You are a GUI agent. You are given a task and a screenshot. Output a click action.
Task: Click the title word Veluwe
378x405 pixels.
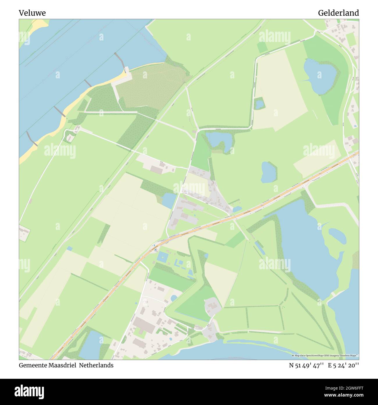[x=32, y=13]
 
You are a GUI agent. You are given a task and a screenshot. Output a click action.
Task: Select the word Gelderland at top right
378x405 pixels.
[x=338, y=13]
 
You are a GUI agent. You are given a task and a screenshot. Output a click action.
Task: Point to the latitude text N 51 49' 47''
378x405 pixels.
[x=306, y=365]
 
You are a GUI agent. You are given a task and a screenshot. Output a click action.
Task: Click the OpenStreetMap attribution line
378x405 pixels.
[x=325, y=355]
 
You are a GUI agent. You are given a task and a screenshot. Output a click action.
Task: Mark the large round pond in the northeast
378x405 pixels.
[x=320, y=76]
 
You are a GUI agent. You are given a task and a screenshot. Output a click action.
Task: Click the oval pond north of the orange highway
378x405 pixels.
[x=268, y=172]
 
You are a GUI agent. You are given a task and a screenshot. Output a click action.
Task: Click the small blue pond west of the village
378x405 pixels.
[x=169, y=200]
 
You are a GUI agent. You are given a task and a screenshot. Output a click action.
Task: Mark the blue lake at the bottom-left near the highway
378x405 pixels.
[x=91, y=345]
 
